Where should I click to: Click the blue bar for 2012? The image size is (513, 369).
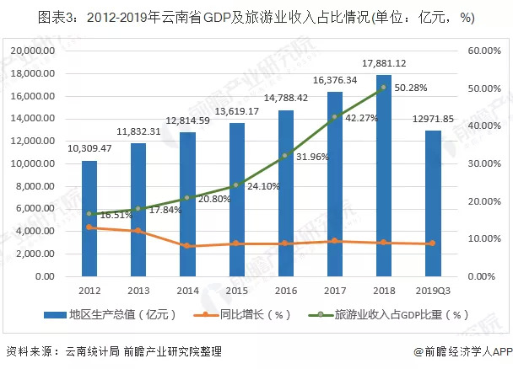(89, 218)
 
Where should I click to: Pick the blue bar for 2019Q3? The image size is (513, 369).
(432, 203)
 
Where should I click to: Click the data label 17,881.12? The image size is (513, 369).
(384, 62)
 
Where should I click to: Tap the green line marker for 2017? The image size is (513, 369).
(334, 117)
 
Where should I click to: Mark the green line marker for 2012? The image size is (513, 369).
(89, 214)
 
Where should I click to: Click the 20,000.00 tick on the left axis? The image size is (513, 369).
(33, 51)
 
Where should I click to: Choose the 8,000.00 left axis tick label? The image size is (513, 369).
(35, 186)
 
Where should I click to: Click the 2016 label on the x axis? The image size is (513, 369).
(285, 291)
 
